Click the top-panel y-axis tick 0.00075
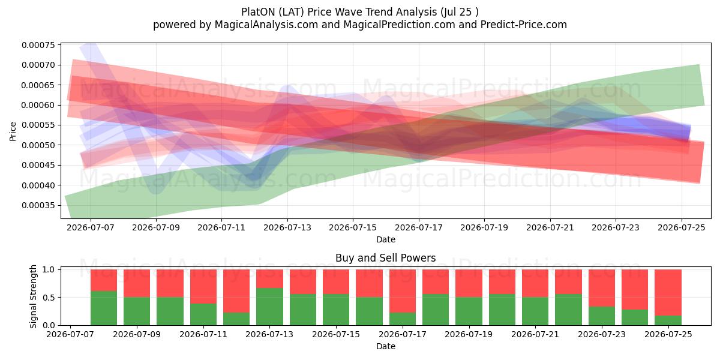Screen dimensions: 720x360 point(38,45)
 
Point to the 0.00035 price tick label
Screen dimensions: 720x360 point(38,205)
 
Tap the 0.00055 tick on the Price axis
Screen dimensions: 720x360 point(38,125)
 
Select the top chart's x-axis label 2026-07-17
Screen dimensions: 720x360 point(419,227)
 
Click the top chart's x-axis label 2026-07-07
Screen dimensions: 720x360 point(91,227)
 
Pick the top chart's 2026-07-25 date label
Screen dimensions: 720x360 point(682,227)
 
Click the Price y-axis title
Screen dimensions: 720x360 point(13,131)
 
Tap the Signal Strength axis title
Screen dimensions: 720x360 point(33,296)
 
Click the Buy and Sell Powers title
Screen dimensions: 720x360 point(385,258)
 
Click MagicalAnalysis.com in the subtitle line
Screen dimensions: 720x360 point(266,25)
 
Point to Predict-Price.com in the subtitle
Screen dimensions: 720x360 point(524,25)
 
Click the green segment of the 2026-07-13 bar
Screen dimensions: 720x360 point(269,307)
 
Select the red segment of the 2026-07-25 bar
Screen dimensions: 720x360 point(668,293)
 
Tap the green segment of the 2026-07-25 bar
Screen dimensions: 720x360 point(668,320)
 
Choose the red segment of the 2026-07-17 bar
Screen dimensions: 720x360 point(403,291)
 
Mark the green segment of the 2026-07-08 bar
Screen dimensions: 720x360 point(103,308)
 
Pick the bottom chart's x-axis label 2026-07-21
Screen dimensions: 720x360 point(535,334)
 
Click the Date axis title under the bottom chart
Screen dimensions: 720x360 point(386,347)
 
